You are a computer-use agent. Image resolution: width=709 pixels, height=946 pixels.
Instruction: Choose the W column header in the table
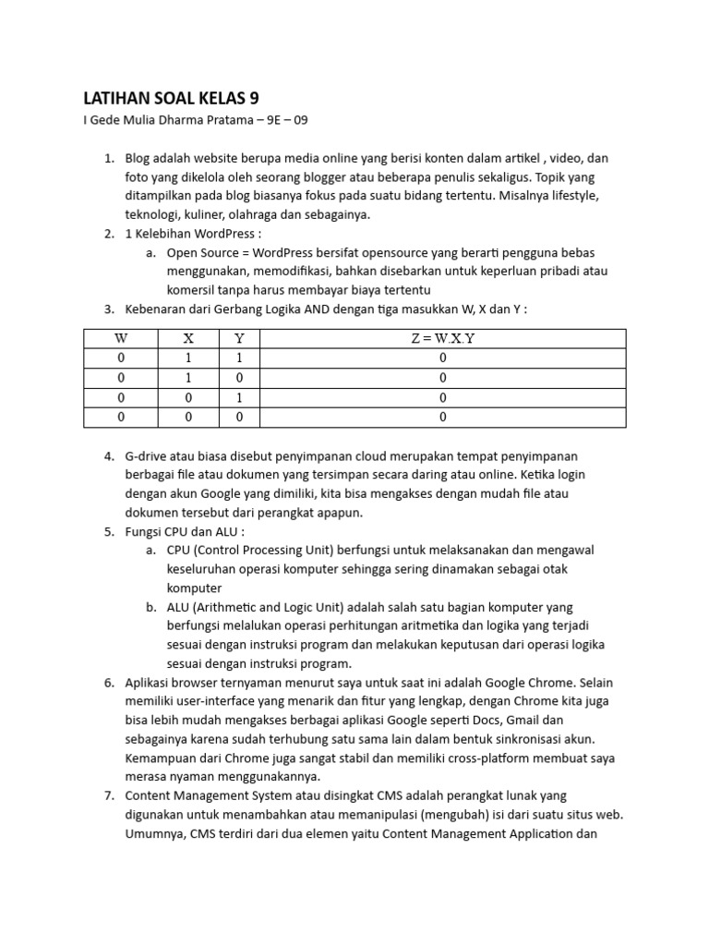pyautogui.click(x=121, y=338)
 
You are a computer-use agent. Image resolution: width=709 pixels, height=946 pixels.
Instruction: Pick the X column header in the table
pyautogui.click(x=188, y=338)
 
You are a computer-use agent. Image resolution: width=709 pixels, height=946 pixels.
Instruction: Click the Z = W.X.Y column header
pyautogui.click(x=443, y=338)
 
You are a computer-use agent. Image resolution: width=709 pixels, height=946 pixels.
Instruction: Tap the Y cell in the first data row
pyautogui.click(x=240, y=358)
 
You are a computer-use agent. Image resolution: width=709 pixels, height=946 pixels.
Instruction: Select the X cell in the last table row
pyautogui.click(x=188, y=418)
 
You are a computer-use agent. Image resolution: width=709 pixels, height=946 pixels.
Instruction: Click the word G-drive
pyautogui.click(x=149, y=456)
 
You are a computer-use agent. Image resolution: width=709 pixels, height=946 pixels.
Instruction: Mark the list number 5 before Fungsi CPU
pyautogui.click(x=108, y=531)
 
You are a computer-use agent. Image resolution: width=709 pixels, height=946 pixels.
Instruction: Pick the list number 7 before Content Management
pyautogui.click(x=108, y=796)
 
